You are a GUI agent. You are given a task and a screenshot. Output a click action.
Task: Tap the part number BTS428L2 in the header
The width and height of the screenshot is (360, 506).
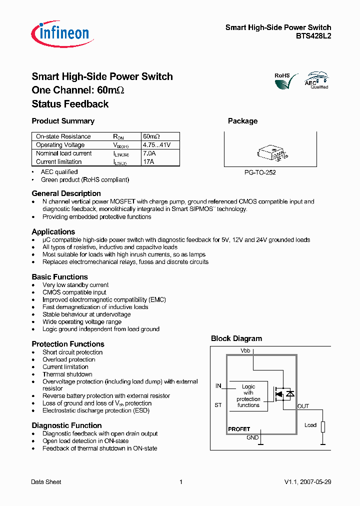313,36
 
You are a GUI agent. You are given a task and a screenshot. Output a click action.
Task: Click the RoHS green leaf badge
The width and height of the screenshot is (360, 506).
285,80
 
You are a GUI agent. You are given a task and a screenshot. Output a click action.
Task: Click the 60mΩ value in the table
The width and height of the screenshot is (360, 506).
151,136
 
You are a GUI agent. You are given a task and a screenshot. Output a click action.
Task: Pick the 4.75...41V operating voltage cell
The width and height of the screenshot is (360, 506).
156,145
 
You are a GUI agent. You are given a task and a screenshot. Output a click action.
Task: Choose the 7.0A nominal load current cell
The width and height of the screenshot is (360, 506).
149,153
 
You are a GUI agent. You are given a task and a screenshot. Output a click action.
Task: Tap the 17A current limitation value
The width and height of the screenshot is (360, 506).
148,162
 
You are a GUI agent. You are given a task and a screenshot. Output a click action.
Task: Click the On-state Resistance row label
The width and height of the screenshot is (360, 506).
63,136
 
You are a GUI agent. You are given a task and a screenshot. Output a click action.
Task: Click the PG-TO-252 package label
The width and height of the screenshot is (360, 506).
260,172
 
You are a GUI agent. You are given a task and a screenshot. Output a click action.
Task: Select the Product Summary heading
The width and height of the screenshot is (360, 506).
63,121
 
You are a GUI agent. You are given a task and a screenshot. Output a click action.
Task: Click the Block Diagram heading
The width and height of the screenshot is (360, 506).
236,338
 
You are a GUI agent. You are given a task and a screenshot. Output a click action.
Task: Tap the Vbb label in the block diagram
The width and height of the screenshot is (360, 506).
245,351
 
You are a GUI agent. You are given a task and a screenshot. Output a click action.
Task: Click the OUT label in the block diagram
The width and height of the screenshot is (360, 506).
303,406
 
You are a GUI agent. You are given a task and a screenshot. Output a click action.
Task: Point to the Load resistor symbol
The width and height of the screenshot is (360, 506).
323,426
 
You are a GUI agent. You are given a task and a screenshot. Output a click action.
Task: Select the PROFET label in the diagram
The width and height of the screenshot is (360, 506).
239,429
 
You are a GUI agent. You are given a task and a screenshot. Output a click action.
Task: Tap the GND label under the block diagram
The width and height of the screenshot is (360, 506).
252,437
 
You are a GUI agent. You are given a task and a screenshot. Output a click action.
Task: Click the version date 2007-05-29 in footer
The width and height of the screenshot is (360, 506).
314,482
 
